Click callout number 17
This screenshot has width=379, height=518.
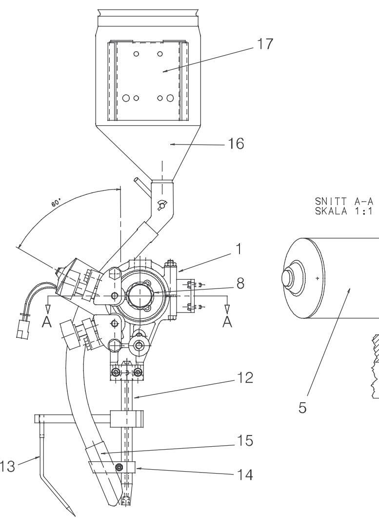point(265,44)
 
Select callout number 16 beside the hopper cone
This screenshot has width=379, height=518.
point(237,144)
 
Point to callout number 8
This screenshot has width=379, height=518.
point(240,284)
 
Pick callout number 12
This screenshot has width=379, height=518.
point(245,378)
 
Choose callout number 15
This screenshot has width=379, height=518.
point(245,441)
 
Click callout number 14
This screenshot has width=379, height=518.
point(245,475)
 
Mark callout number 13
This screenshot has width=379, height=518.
point(7,467)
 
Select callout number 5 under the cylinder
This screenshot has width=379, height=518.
point(302,408)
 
